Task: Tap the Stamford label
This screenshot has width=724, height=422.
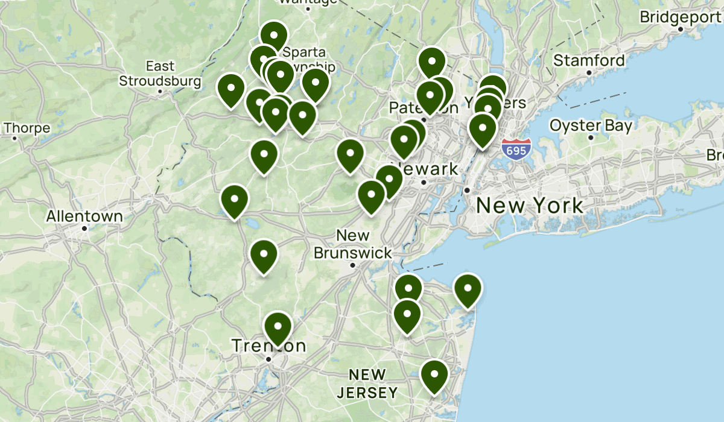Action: [x=589, y=60]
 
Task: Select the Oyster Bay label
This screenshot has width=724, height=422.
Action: [x=591, y=125]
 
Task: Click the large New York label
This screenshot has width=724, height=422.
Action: [x=529, y=206]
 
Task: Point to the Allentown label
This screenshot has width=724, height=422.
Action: [x=84, y=216]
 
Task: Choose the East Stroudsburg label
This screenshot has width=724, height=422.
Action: [x=160, y=74]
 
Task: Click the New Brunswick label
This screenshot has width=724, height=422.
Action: [x=353, y=244]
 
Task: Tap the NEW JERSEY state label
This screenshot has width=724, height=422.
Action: [x=367, y=384]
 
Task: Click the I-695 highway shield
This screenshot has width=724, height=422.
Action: [x=516, y=148]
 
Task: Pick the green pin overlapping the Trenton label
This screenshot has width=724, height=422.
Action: [x=278, y=327]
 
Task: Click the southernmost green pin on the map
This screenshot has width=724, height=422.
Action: [x=434, y=375]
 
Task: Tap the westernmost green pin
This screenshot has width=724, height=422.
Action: [x=231, y=90]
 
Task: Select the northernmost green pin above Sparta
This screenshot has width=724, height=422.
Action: [x=273, y=37]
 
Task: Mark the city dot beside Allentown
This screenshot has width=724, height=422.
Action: [x=85, y=228]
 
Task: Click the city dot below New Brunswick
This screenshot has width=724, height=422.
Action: [x=353, y=265]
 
